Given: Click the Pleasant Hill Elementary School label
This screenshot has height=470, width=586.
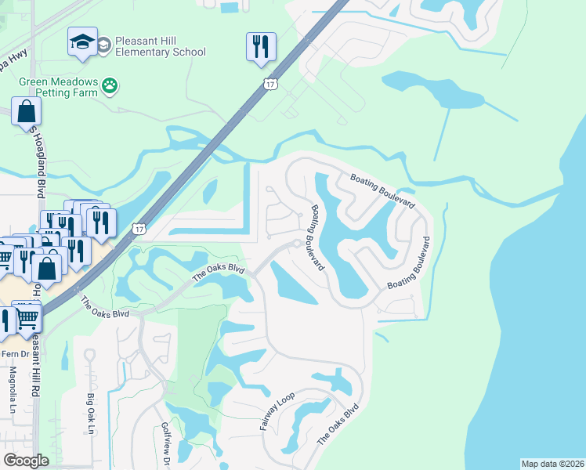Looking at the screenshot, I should [x=160, y=46].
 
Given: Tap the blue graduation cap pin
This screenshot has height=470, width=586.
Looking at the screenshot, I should [x=82, y=44].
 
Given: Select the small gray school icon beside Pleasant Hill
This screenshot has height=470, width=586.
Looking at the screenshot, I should [x=103, y=47].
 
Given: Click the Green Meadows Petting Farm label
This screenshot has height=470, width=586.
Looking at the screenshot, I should [x=49, y=86].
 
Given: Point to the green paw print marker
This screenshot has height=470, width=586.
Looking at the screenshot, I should [x=110, y=86].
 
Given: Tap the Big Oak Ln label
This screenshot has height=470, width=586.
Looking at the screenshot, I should [x=91, y=414].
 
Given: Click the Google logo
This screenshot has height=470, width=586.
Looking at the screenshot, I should [x=26, y=461].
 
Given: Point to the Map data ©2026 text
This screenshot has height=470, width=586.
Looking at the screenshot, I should [x=552, y=464].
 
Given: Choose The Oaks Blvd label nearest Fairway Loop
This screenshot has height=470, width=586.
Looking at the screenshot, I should [x=338, y=425].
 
